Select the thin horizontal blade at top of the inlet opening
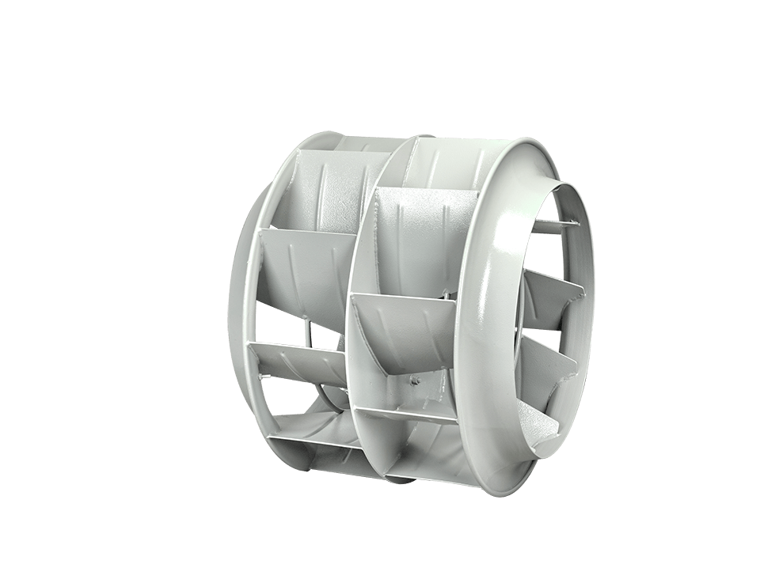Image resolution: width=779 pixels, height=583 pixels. [x=555, y=226]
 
